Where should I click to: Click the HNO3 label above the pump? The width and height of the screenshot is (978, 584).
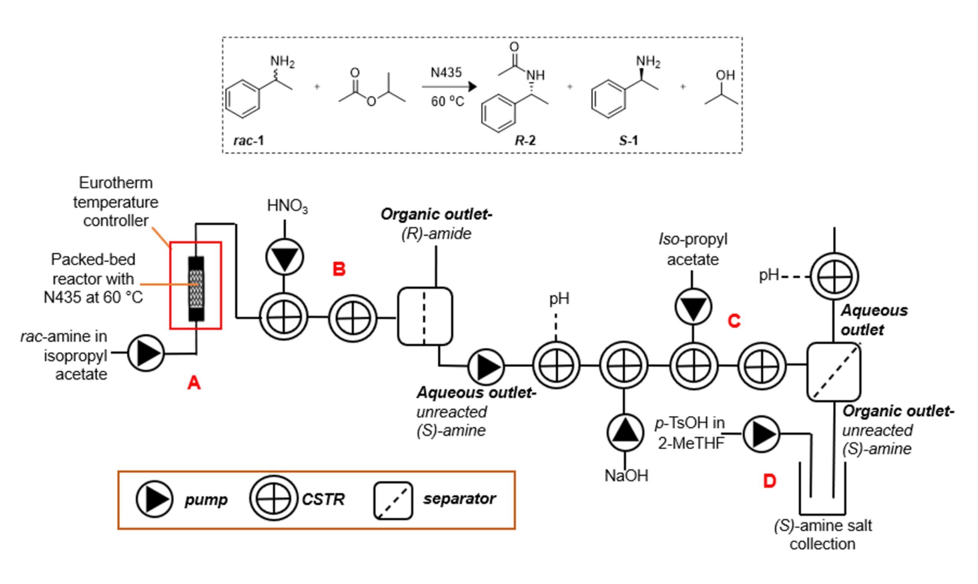(287, 206)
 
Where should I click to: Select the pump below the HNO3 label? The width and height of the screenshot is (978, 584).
(285, 257)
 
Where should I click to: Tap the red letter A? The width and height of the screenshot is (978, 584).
(194, 383)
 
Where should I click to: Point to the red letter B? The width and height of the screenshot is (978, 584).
(339, 269)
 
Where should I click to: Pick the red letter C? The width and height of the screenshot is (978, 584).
(734, 321)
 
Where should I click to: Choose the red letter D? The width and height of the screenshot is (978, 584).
(769, 481)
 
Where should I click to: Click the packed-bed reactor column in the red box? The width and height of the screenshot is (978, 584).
(196, 289)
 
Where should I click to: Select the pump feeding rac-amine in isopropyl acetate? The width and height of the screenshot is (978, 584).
(146, 353)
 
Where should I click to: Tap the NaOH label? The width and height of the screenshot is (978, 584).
(626, 476)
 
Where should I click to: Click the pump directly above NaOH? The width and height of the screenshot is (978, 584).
(625, 433)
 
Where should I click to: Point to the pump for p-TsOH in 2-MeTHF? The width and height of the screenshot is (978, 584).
(761, 434)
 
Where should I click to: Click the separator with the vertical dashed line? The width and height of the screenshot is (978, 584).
(425, 316)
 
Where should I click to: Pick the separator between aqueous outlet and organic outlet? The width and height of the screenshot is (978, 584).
(834, 371)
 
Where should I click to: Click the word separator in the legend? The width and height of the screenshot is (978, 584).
(459, 499)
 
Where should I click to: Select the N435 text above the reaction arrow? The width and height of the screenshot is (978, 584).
(446, 73)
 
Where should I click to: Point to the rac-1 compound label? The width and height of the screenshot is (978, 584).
(249, 141)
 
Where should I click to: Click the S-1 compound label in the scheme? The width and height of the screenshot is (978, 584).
(628, 141)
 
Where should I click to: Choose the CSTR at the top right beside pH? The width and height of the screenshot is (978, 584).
(834, 277)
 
